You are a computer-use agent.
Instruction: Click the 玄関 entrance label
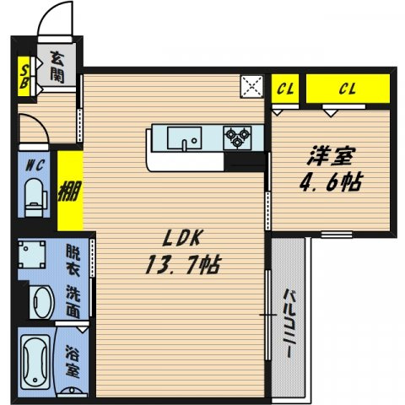[57, 67]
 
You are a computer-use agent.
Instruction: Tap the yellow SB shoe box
[24, 77]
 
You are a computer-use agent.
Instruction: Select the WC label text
[35, 165]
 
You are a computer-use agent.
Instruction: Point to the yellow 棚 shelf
[70, 191]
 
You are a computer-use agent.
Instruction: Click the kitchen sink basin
[185, 138]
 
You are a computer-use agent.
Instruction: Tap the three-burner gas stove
[237, 138]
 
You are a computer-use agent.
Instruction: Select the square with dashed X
[252, 86]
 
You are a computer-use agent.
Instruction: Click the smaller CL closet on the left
[285, 89]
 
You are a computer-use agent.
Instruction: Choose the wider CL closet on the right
[348, 89]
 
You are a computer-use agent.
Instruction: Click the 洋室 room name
[331, 156]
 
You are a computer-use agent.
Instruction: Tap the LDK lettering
[182, 238]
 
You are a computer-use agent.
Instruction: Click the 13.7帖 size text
[183, 264]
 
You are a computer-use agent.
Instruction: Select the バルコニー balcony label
[289, 323]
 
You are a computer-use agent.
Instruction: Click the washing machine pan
[32, 255]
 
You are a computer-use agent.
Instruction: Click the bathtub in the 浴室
[35, 362]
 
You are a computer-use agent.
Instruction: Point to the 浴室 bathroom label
[73, 360]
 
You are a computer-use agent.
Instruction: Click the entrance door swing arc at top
[49, 14]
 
